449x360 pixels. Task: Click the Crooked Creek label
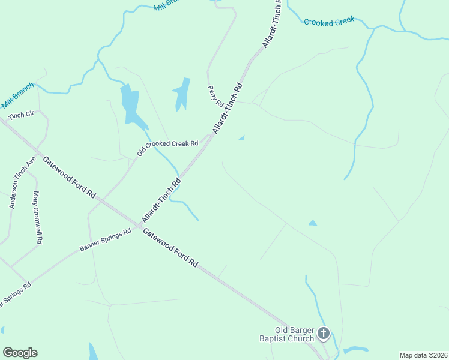[x=329, y=22]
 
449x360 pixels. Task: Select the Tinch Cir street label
[x=21, y=115]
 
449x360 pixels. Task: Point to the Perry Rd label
[x=215, y=94]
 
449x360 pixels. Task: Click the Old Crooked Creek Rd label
[x=167, y=148]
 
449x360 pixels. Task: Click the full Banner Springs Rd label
[x=105, y=241]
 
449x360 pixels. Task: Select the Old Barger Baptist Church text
[x=286, y=334]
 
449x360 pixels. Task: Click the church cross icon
[x=324, y=333]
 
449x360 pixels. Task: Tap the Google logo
[x=20, y=353]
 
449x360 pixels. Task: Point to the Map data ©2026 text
[x=423, y=355]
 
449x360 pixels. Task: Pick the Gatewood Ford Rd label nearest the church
[x=170, y=247]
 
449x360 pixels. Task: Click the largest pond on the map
[x=132, y=106]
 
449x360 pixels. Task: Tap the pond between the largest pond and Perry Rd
[x=181, y=94]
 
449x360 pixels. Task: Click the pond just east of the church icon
[x=355, y=350]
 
